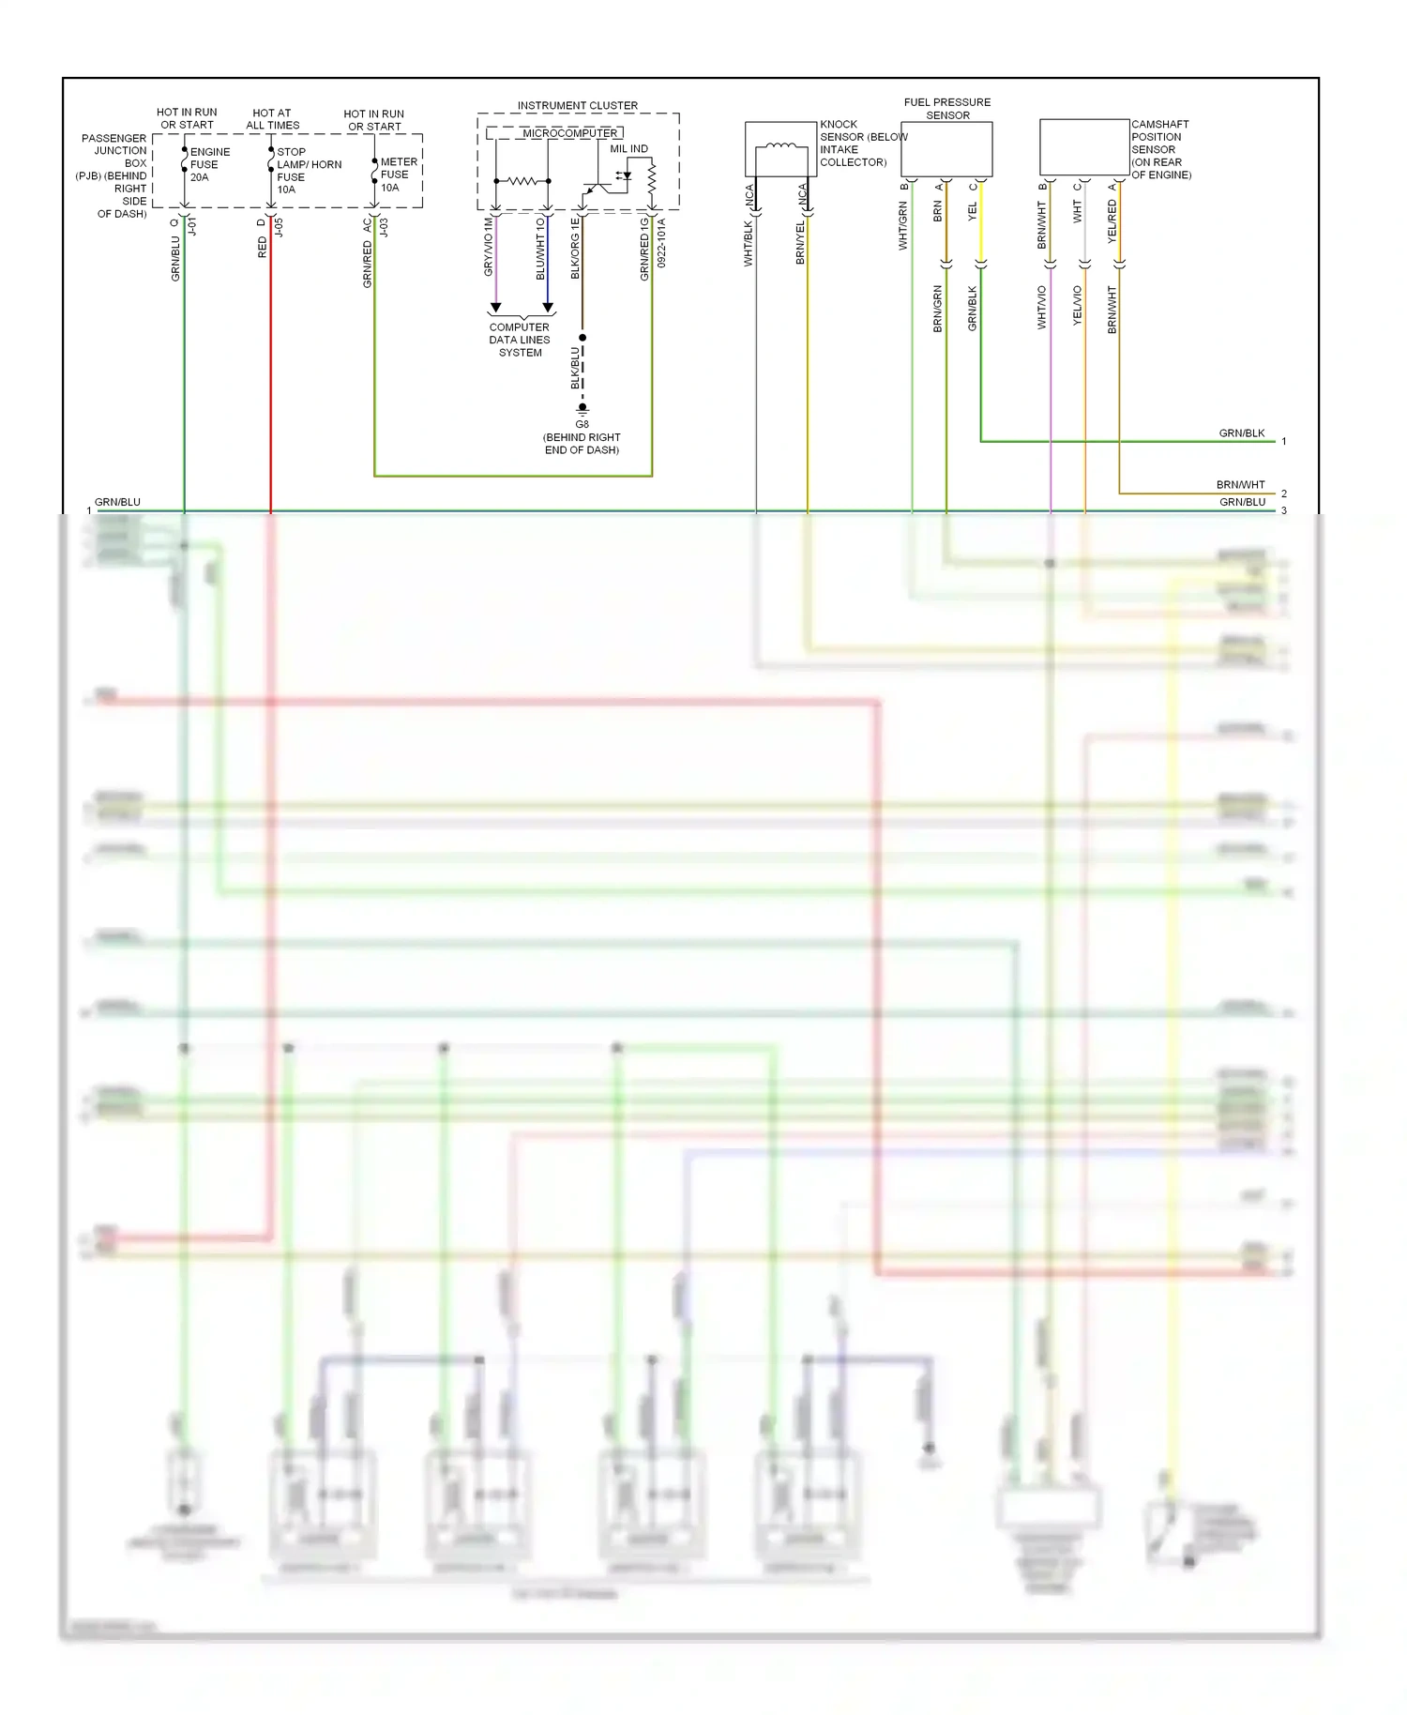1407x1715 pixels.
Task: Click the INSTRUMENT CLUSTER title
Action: coord(577,106)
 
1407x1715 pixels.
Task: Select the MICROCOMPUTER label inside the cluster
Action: coord(569,133)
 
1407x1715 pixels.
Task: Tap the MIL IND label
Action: coord(628,149)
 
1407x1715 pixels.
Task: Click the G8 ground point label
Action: coord(582,424)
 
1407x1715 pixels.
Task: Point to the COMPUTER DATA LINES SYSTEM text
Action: coord(520,340)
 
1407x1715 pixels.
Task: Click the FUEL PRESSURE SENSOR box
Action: coord(946,149)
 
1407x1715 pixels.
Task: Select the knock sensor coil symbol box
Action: coord(780,148)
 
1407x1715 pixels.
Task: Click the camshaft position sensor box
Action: coord(1084,147)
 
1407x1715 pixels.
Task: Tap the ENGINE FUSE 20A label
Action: coord(209,164)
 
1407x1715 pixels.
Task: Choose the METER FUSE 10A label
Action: coord(398,175)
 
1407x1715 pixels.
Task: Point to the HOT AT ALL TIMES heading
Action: coord(272,119)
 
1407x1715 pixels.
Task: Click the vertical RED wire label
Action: coord(263,247)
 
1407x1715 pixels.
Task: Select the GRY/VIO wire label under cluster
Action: coord(489,247)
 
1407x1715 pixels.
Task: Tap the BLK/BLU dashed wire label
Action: coord(575,368)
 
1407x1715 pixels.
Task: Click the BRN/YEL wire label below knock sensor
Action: coord(800,242)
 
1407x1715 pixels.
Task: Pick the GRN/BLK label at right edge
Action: coord(1241,433)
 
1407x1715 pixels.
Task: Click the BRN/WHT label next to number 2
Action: coord(1240,485)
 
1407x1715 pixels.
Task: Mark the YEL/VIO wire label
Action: coord(1077,306)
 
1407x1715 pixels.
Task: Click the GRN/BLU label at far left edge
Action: coord(117,502)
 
